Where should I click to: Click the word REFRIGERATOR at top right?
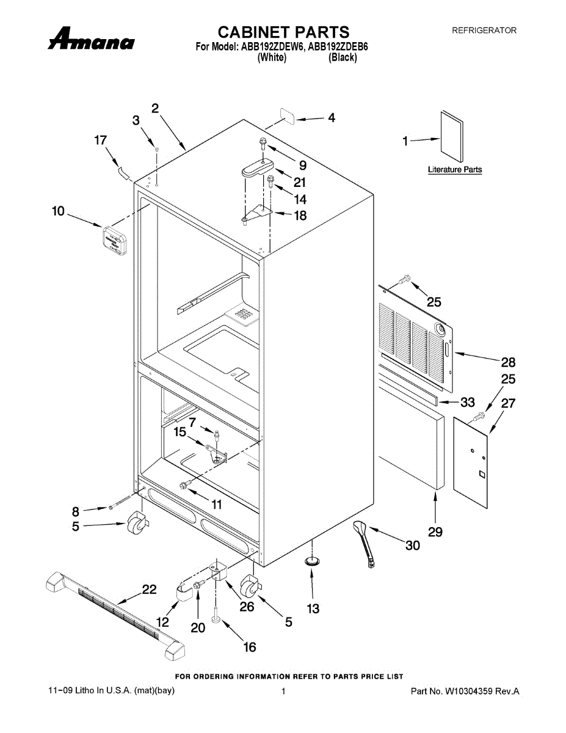[x=484, y=30]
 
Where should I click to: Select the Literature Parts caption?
[x=454, y=170]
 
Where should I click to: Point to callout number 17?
[x=100, y=140]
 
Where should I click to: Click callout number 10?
[x=58, y=211]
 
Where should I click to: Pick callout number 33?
[x=467, y=403]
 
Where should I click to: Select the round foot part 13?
[x=312, y=561]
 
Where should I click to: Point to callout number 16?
[x=250, y=647]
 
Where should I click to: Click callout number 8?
[x=76, y=511]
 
